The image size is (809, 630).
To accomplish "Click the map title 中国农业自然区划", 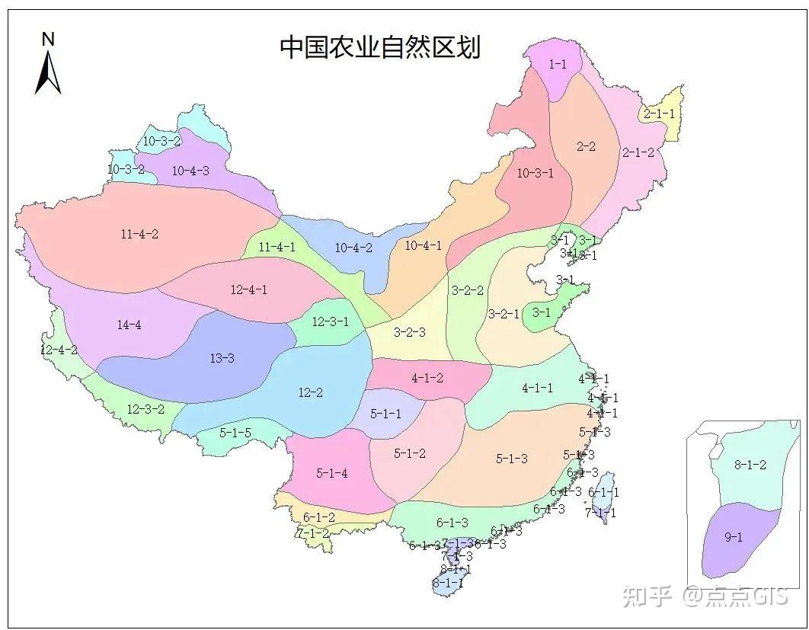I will [380, 46].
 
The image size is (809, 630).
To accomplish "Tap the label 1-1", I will [558, 65].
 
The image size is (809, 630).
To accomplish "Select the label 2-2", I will [586, 146].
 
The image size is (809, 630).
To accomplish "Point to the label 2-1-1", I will [659, 114].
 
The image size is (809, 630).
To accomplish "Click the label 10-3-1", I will [536, 173].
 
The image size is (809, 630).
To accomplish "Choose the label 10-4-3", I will [190, 171].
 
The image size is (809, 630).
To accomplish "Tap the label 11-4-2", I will [139, 234].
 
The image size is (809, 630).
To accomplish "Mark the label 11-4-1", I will [277, 247].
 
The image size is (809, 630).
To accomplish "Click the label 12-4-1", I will [248, 289].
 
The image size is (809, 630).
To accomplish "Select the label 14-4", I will [129, 325].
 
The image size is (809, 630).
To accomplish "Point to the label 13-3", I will [222, 358].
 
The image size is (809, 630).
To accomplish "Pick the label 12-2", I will [310, 393].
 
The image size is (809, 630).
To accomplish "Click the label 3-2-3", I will [409, 332].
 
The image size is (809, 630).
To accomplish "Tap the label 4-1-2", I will [427, 378].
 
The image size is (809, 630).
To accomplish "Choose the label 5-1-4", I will [332, 473].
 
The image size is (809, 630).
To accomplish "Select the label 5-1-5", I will [235, 433].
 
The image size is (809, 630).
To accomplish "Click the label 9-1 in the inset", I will [733, 537].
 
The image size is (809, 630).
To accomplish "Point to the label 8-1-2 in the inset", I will [750, 465].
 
